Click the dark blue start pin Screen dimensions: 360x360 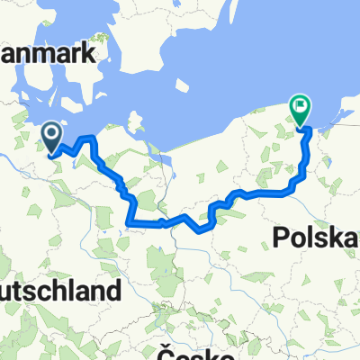pyautogui.click(x=51, y=137)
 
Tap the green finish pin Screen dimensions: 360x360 pyautogui.click(x=299, y=110)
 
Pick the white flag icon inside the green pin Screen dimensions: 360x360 pyautogui.click(x=299, y=107)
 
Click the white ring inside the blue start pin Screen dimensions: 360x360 pyautogui.click(x=51, y=134)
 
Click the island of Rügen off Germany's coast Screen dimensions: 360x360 pyautogui.click(x=137, y=121)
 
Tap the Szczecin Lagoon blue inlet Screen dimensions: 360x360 pyautogui.click(x=166, y=166)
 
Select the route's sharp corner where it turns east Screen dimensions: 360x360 pyautogui.click(x=132, y=220)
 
